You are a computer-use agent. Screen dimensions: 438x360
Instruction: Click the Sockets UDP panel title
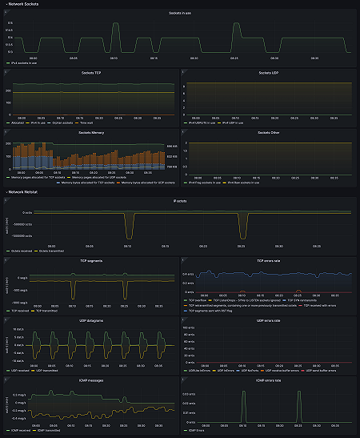point(268,73)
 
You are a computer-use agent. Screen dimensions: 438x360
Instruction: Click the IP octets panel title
point(180,201)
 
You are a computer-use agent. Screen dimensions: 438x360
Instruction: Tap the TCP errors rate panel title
point(268,260)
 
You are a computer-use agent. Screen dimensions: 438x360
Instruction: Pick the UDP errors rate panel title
point(268,319)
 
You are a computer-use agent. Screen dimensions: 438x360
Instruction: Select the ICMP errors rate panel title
point(268,379)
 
